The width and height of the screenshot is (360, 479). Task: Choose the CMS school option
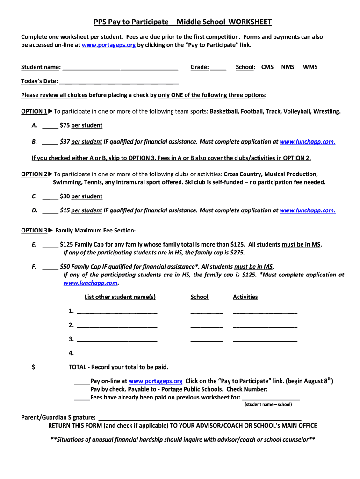[x=267, y=67]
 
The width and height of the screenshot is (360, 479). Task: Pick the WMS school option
[x=310, y=67]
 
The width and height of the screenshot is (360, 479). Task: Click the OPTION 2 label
[x=34, y=174]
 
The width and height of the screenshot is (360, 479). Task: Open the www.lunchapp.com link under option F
[x=91, y=283]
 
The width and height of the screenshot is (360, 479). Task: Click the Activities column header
[x=245, y=297]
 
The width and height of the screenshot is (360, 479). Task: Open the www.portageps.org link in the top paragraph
[x=108, y=45]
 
